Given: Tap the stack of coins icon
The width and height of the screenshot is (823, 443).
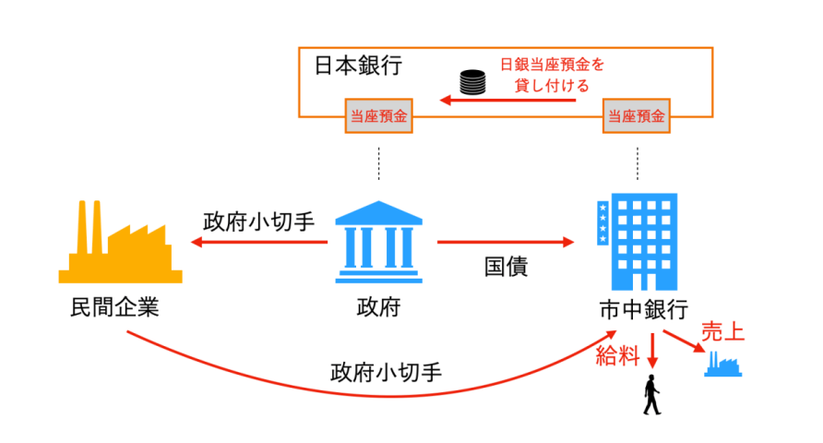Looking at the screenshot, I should tap(472, 83).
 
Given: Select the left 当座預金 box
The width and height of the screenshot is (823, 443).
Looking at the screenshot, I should tap(378, 116).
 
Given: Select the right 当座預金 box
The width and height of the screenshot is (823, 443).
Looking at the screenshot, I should tap(636, 116).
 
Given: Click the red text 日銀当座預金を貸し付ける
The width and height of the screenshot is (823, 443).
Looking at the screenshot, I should tap(552, 75).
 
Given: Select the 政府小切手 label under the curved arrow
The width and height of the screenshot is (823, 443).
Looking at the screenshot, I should tap(386, 374).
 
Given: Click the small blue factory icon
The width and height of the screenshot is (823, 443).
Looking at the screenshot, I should tap(722, 364).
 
